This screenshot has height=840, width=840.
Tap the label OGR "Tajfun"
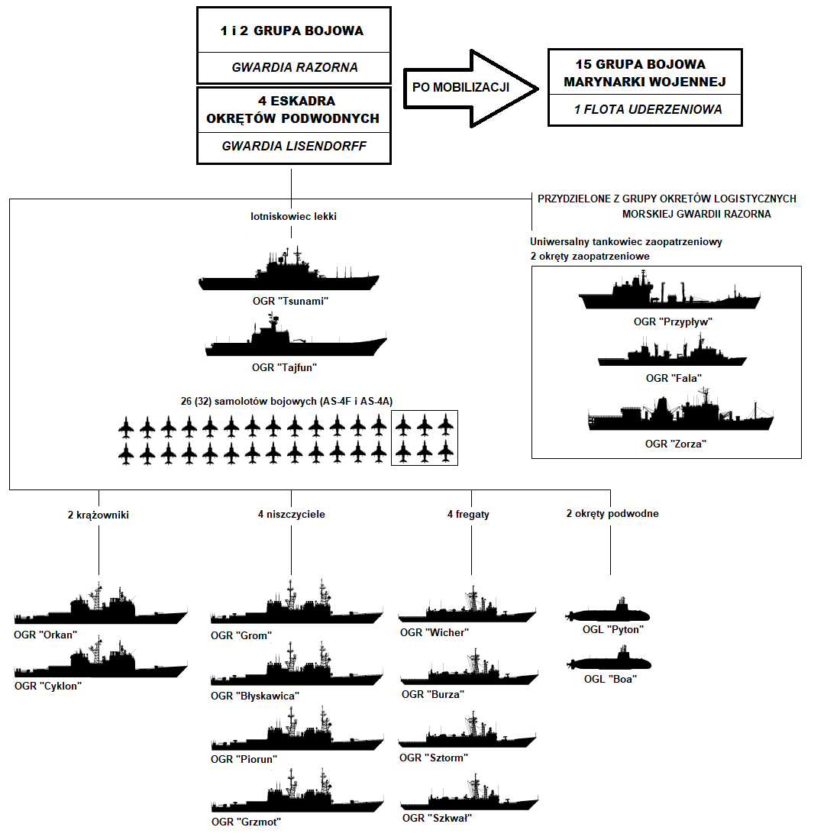(x=284, y=367)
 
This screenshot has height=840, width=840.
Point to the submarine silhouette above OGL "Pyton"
(x=609, y=613)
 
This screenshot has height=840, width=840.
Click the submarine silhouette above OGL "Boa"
(x=610, y=662)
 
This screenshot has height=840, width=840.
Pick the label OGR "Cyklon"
(x=47, y=686)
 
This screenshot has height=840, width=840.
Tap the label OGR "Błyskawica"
(x=255, y=696)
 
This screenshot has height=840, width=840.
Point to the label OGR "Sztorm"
(x=434, y=758)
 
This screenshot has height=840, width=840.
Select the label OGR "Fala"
(x=674, y=378)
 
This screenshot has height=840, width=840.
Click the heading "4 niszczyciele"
(x=291, y=514)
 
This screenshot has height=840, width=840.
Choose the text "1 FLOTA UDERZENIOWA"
(x=648, y=109)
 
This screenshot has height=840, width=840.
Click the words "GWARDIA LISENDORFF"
(x=294, y=146)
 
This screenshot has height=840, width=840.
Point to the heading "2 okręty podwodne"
(x=612, y=513)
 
